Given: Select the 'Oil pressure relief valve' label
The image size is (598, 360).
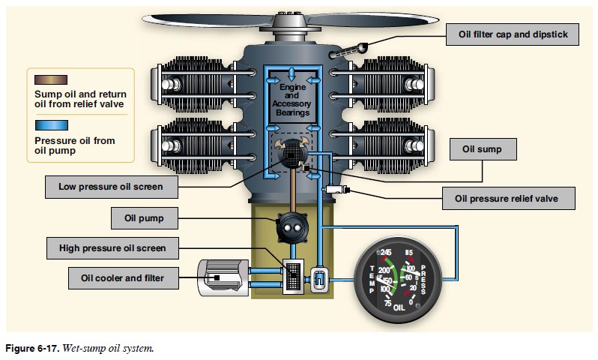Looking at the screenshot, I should pos(509,199).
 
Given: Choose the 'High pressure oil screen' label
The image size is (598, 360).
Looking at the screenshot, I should pos(112,247).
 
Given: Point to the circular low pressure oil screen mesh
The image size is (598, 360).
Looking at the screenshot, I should pos(290,154).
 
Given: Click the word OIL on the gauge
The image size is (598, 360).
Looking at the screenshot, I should pos(399,306).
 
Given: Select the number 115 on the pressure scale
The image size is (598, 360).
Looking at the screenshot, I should pos(409,252).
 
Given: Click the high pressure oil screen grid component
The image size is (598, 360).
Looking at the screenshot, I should pos(292,276).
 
